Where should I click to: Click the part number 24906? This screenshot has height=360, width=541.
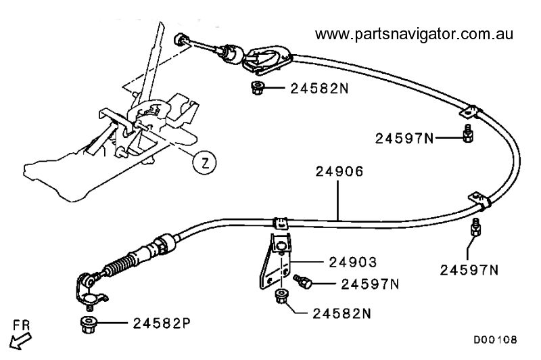click(339, 172)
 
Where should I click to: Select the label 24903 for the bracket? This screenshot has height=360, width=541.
click(353, 263)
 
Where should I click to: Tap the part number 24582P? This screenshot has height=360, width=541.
click(162, 323)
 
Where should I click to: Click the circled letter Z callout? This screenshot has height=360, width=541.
click(205, 162)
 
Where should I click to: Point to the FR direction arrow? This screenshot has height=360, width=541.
click(20, 340)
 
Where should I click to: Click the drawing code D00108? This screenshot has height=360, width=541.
click(495, 340)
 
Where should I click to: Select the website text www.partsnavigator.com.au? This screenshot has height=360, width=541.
click(414, 34)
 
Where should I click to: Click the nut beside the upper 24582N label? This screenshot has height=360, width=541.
click(257, 88)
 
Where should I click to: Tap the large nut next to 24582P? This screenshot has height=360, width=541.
click(88, 324)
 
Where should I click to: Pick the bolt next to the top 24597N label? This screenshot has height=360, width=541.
click(468, 134)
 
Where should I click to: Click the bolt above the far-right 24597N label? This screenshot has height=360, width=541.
click(476, 227)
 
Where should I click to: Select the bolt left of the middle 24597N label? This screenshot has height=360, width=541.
click(302, 282)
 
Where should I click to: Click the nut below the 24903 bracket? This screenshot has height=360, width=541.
click(281, 297)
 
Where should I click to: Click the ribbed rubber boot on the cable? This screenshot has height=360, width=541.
click(119, 265)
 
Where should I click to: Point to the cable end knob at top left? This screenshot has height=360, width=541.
click(180, 40)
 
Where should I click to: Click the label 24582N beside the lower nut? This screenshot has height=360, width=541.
click(342, 314)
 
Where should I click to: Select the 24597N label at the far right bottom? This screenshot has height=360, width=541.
click(469, 270)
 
